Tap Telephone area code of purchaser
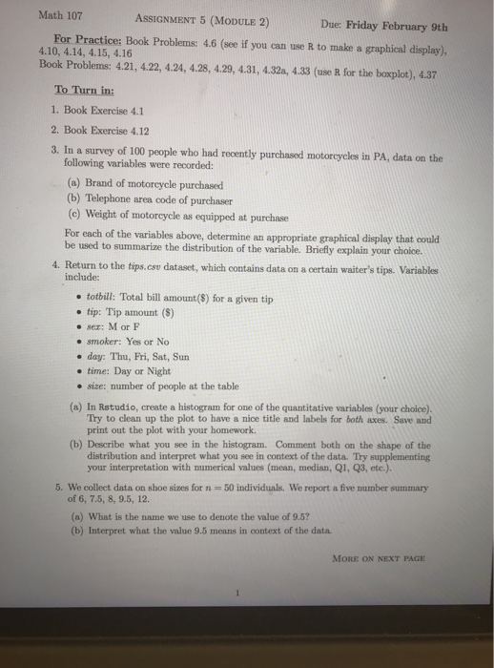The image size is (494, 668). click(157, 198)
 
